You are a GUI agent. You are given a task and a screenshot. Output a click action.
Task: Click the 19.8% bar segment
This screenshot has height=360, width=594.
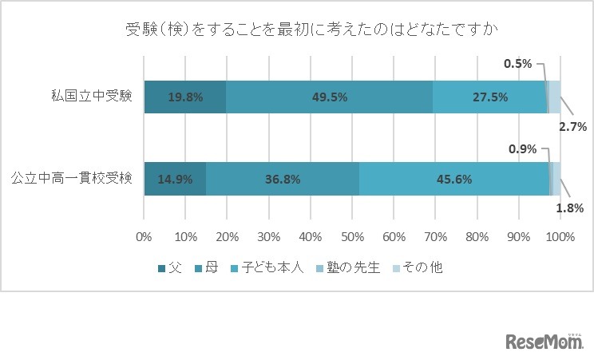pos(185,97)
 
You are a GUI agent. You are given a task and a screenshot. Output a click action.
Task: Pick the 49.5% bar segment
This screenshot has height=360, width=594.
pos(329,97)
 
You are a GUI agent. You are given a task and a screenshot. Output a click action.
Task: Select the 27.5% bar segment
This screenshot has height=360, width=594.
pos(489,97)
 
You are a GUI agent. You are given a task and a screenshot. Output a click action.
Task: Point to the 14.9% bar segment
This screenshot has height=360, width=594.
pos(175,179)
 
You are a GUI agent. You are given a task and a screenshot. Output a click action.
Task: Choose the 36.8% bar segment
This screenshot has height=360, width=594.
pos(283,179)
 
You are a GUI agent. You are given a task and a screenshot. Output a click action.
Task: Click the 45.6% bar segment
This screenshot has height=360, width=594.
pos(454,179)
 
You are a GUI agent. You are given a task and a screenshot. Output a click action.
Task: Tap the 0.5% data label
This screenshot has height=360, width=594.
pos(518,64)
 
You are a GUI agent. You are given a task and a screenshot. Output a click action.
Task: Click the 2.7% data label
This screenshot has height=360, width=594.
pos(572,126)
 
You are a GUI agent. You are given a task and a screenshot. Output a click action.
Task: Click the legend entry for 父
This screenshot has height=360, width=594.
pos(170,267)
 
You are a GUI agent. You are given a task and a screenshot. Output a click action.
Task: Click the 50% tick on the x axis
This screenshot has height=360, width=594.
pos(352,237)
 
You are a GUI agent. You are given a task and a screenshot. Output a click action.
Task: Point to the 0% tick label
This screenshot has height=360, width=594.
pos(144,237)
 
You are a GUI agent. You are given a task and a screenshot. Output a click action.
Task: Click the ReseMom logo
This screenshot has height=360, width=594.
pos(544,342)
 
